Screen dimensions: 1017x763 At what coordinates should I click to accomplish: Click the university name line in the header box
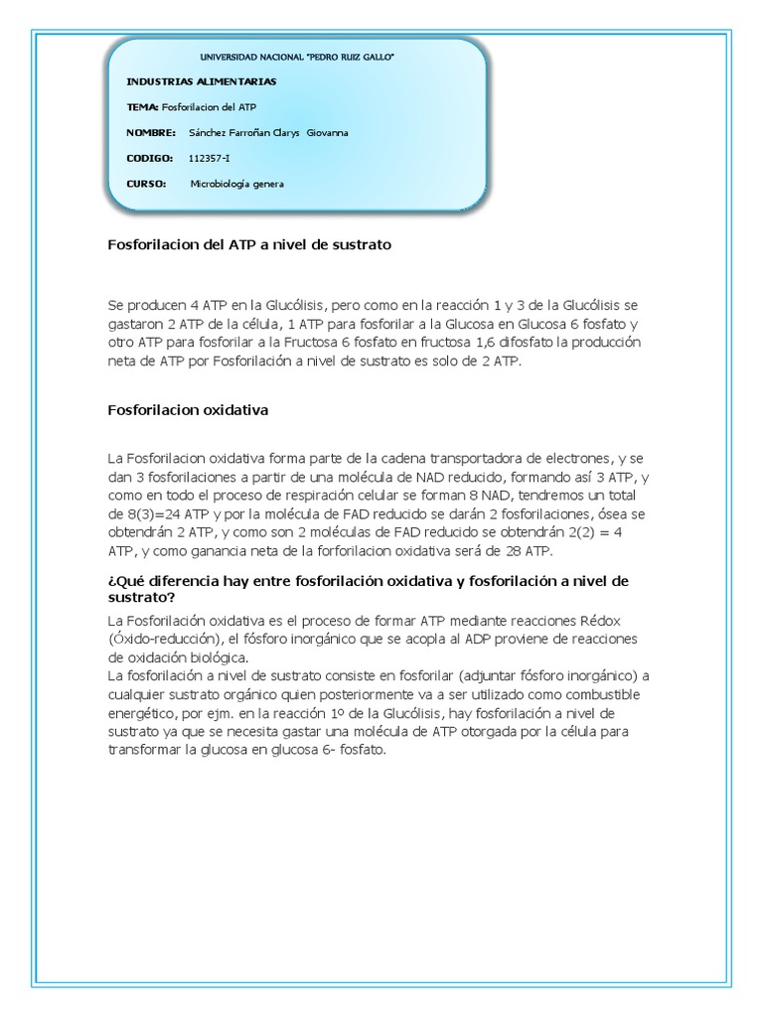[298, 59]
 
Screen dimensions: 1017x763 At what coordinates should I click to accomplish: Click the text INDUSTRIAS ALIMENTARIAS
[202, 81]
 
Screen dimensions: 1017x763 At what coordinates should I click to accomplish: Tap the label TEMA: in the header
[143, 107]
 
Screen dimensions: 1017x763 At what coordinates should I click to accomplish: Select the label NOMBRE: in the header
[151, 132]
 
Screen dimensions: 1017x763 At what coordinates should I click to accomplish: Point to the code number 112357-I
[210, 158]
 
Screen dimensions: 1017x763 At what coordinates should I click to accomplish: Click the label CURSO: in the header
[147, 184]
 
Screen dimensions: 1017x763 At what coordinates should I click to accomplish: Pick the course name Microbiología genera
[237, 184]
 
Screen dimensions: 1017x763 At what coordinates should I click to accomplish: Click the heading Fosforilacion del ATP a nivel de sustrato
[249, 244]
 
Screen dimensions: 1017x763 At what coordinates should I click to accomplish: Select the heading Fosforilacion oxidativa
[188, 408]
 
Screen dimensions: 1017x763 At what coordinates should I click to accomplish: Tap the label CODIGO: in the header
[150, 158]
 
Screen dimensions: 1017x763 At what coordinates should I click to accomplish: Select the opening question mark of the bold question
[110, 581]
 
